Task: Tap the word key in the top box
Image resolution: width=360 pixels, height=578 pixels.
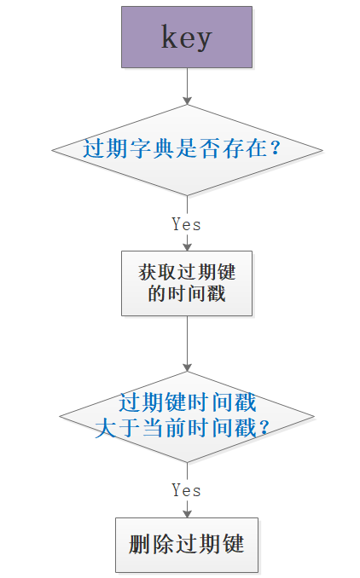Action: click(187, 37)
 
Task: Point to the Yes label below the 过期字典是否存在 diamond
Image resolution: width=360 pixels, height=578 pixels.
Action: click(186, 224)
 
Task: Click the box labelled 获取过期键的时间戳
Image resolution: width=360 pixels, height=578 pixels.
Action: click(187, 283)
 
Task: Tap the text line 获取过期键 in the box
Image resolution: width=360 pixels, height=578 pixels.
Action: click(187, 273)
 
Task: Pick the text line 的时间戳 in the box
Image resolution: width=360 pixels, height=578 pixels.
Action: click(187, 294)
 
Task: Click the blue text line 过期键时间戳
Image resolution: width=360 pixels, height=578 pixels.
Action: click(187, 403)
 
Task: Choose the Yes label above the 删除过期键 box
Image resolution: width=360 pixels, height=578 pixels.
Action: click(186, 490)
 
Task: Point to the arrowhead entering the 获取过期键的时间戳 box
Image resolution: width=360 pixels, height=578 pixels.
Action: click(187, 246)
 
